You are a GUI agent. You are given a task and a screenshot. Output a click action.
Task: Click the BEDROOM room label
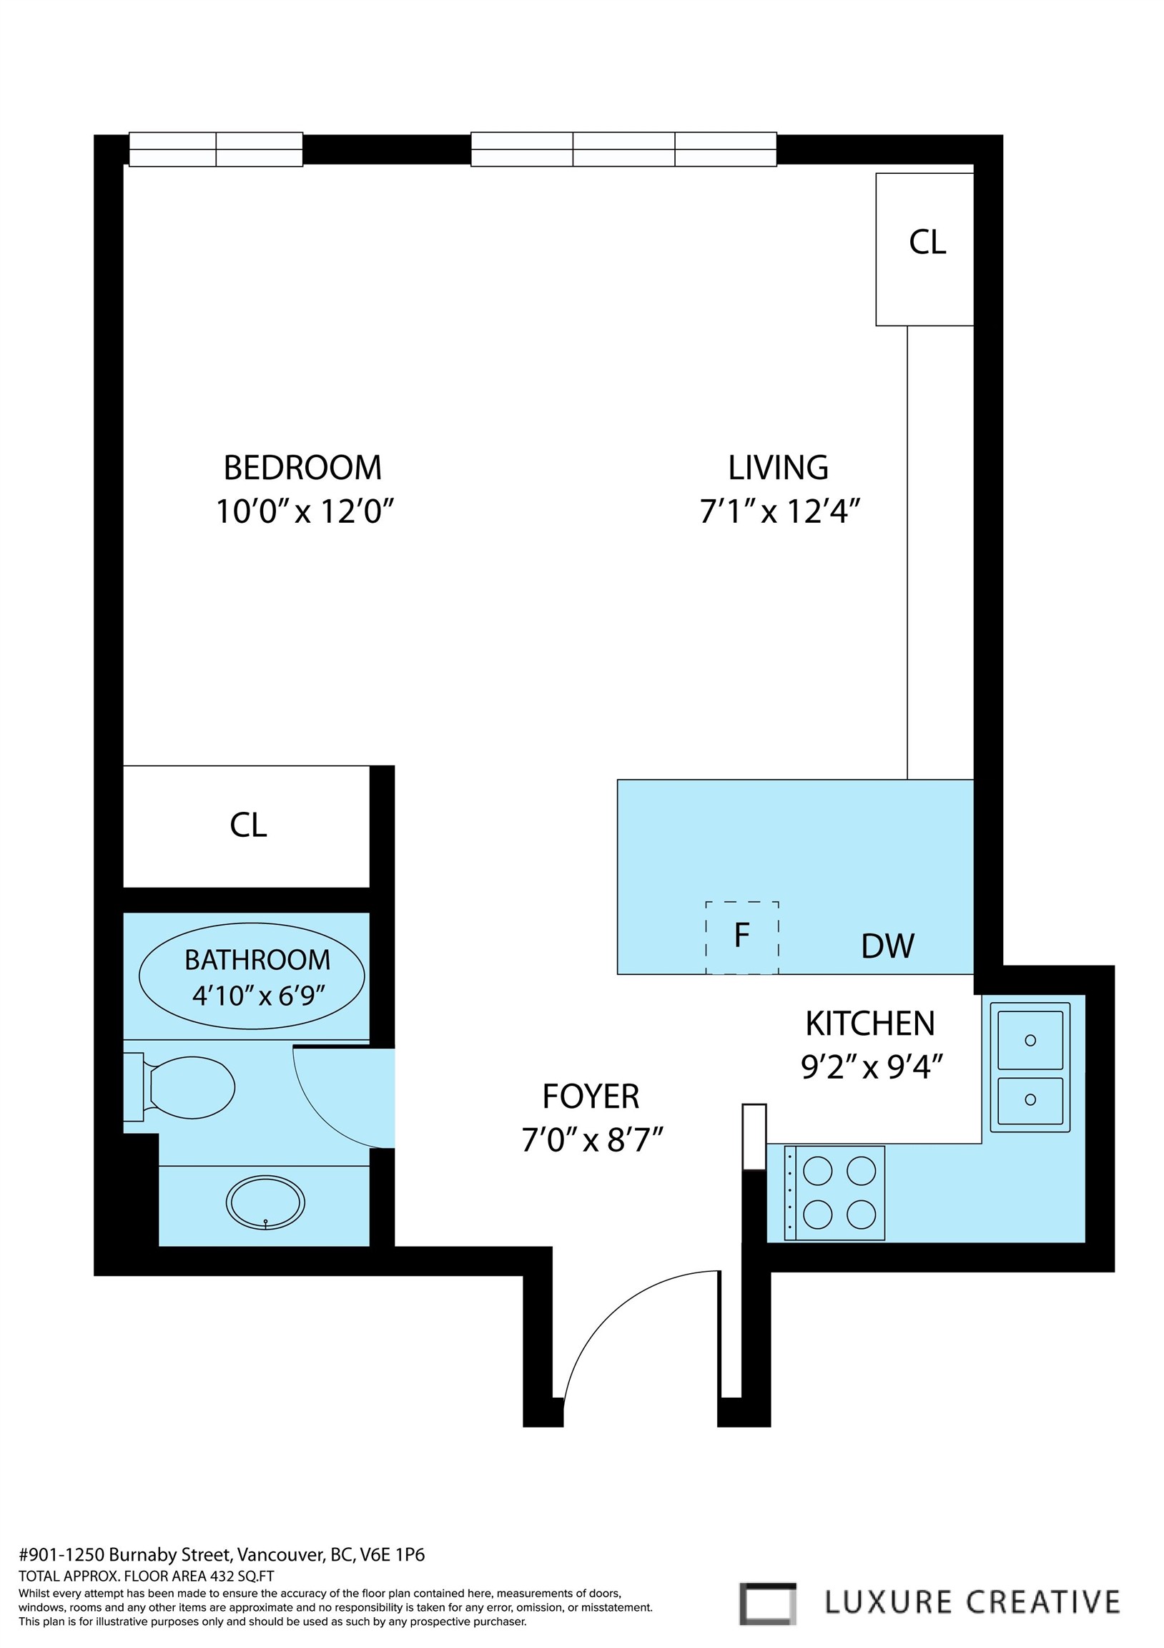[x=302, y=467]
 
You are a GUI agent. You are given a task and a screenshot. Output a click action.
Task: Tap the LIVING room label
[x=778, y=467]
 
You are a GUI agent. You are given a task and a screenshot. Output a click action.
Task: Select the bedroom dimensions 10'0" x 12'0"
[x=306, y=511]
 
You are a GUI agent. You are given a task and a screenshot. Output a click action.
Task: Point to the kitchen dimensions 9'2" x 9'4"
[x=870, y=1067]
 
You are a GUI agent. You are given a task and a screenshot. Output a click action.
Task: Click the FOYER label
[x=591, y=1096]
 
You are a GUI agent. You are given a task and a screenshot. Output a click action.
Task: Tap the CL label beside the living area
[x=927, y=242]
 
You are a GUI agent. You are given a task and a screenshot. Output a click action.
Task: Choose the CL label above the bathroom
[x=247, y=825]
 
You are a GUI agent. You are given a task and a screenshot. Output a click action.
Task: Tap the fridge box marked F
[x=742, y=937]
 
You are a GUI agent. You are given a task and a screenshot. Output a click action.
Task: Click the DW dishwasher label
[x=888, y=946]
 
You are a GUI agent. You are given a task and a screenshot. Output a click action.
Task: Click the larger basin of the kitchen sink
[x=1030, y=1040]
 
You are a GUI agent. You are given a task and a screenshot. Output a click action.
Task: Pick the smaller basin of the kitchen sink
[x=1030, y=1099]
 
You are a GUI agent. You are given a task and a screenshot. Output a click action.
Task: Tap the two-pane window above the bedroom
[x=215, y=149]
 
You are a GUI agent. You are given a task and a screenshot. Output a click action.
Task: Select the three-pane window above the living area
[x=623, y=149]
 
